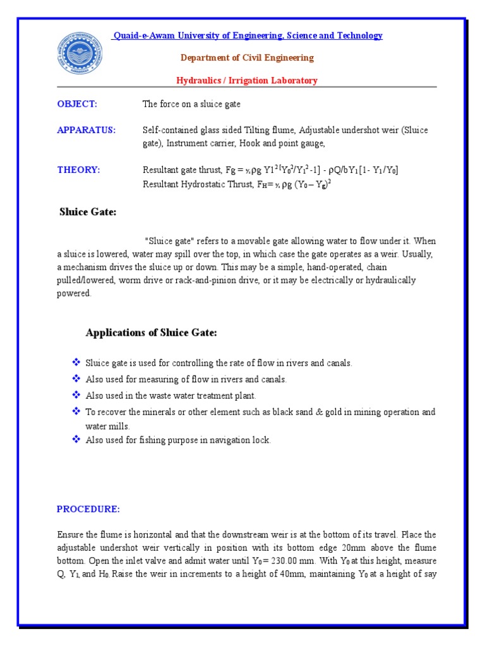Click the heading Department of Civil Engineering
pos(247,58)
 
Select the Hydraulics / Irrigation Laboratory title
pos(246,80)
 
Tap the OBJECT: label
pos(77,104)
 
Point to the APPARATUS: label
pos(87,130)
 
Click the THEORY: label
pos(78,170)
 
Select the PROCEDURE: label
pos(88,509)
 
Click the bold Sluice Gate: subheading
pos(88,212)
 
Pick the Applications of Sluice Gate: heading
pos(152,333)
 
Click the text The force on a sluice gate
pos(191,104)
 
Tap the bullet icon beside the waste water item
pos(76,396)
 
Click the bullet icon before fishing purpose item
pos(76,440)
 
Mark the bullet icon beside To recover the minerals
pos(76,412)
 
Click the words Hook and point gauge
pos(277,144)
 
